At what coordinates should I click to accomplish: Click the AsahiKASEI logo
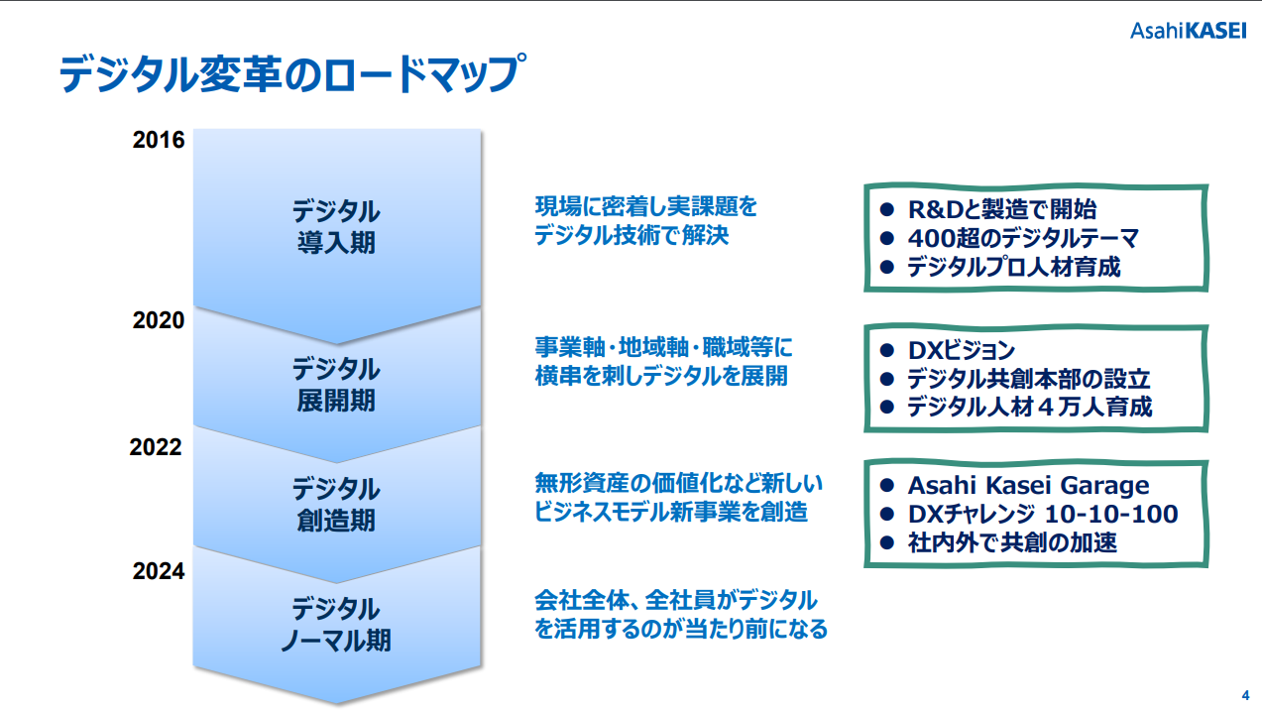coord(1189,31)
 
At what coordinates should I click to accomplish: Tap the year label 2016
coord(159,140)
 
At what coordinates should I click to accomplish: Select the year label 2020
coord(159,320)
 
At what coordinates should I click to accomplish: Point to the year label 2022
coord(156,447)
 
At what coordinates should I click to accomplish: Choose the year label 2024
coord(159,571)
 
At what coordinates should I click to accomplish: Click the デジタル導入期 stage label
coord(336,227)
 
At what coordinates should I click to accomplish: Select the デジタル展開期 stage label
coord(336,385)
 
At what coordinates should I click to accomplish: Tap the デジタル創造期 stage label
coord(336,504)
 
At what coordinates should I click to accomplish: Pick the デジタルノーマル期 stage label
coord(336,625)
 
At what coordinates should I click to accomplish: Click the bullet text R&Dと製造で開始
coord(1002,209)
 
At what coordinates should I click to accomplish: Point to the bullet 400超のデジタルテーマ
coord(1023,238)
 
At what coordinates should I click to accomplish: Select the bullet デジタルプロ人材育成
coord(1014,267)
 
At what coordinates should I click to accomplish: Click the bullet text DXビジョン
coord(962,351)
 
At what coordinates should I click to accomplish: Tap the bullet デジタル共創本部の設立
coord(1029,379)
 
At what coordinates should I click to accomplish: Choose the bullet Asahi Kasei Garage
coord(1028,485)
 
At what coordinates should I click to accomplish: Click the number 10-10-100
coord(1111,514)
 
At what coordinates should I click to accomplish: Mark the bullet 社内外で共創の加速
coord(1012,542)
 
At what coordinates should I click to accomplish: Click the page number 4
coord(1245,696)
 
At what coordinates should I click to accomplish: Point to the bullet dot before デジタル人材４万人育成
coord(887,407)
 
